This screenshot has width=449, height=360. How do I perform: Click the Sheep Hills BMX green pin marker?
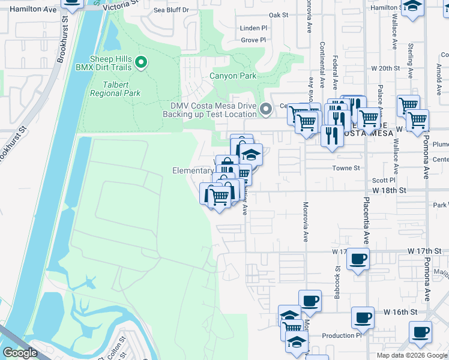pos(141,62)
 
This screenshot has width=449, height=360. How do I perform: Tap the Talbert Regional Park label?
pos(115,89)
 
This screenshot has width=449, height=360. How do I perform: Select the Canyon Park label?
pos(233,76)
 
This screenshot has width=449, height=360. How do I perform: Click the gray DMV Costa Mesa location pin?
pos(266,110)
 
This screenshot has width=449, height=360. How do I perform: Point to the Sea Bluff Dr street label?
pos(171,10)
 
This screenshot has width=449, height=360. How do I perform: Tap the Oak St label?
pos(279,15)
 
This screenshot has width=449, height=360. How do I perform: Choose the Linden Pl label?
pos(253,28)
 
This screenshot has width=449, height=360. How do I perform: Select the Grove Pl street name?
pos(253,40)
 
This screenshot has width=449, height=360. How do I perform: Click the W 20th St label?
pos(385,68)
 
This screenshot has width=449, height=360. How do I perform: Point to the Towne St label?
pos(345,169)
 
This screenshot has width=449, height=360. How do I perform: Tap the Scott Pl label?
pos(384,179)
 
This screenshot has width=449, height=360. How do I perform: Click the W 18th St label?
pos(390,190)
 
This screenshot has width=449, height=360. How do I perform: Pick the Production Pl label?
pos(342,336)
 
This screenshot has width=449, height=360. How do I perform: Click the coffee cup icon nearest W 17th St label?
pos(358,259)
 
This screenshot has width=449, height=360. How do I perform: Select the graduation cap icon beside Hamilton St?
pos(412,7)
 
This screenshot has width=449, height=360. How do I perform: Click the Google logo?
pos(20,353)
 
